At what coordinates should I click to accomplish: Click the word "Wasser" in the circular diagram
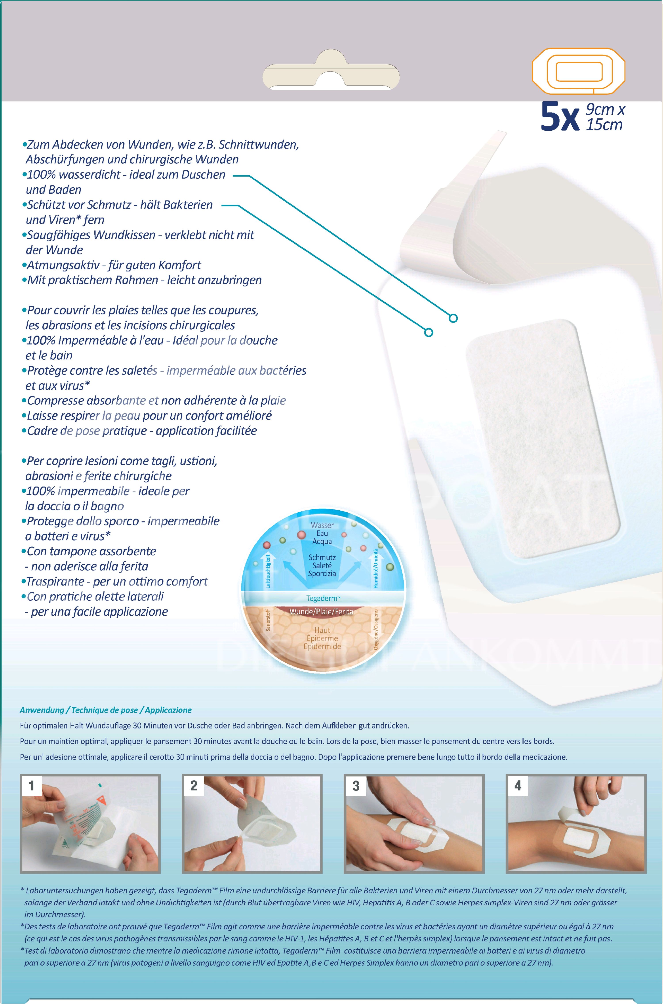pyautogui.click(x=322, y=525)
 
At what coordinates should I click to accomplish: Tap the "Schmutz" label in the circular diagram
pyautogui.click(x=322, y=557)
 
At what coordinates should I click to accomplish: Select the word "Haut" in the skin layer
pyautogui.click(x=322, y=630)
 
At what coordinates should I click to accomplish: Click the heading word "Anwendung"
pyautogui.click(x=42, y=710)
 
